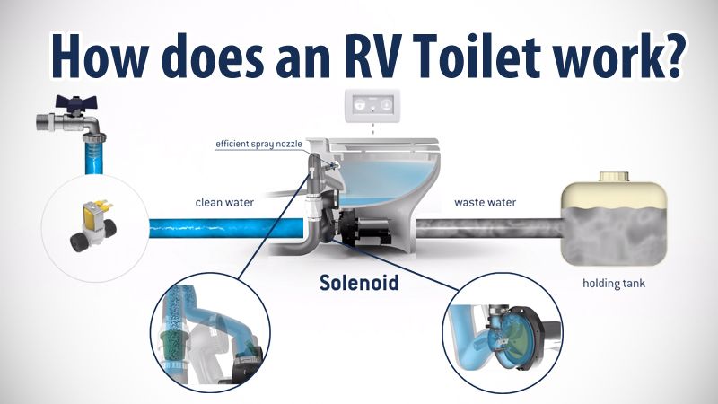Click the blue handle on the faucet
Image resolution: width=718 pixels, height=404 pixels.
(75, 103)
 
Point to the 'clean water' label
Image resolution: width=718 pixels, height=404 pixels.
(224, 203)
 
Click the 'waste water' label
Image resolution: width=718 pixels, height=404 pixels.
(485, 203)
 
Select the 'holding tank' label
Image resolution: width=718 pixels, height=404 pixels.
(614, 284)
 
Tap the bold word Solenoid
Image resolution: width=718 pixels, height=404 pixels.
(359, 282)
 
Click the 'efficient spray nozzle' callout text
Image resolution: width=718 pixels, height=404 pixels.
(258, 144)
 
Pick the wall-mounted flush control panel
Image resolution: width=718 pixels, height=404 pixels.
(372, 106)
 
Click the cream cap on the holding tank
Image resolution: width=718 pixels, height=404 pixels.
(615, 177)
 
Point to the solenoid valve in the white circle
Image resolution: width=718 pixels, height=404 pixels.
(93, 225)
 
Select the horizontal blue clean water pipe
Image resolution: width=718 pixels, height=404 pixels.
(226, 228)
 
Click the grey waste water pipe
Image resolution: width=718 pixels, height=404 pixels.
(488, 228)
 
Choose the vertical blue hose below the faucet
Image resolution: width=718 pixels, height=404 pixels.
(94, 155)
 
